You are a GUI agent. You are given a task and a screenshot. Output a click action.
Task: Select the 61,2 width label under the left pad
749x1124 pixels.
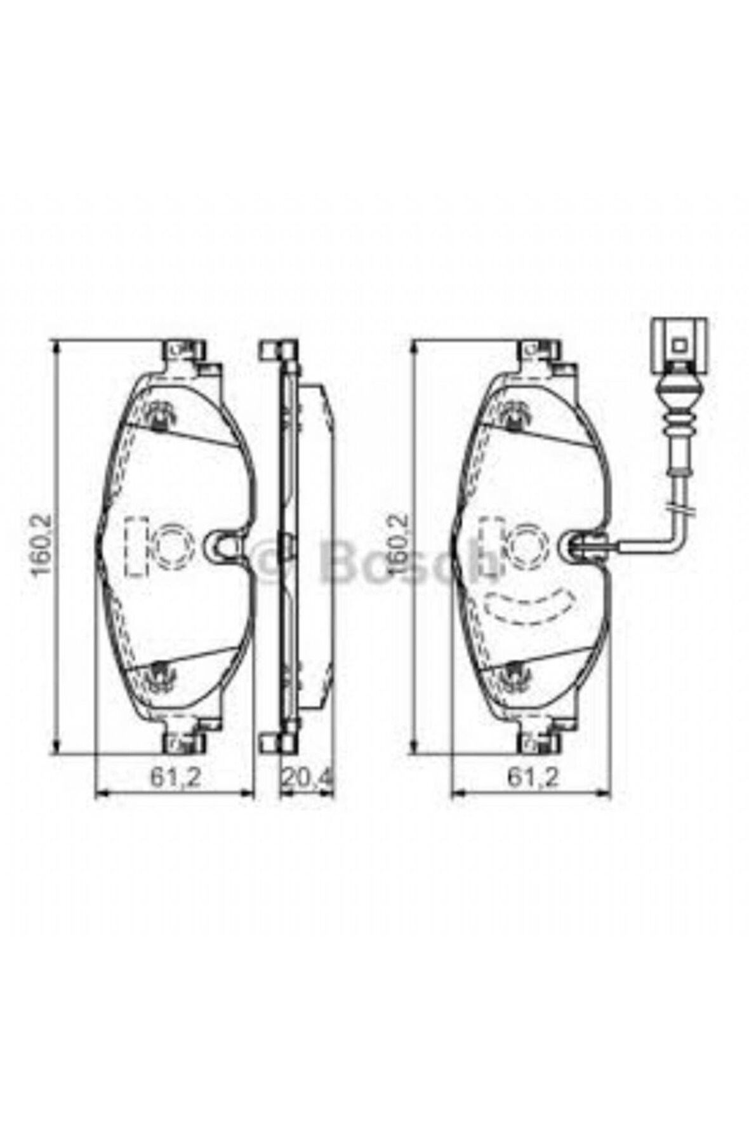click(175, 777)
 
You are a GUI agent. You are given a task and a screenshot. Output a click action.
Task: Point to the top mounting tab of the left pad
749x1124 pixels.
click(184, 352)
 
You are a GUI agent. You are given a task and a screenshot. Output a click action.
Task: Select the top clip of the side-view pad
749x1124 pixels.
click(277, 351)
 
